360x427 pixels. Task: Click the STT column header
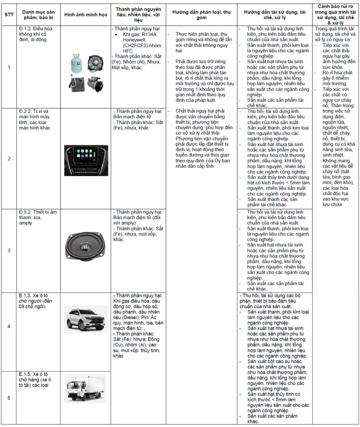(9, 14)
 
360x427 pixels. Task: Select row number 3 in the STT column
(9, 250)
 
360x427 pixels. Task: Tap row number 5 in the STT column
(9, 398)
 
